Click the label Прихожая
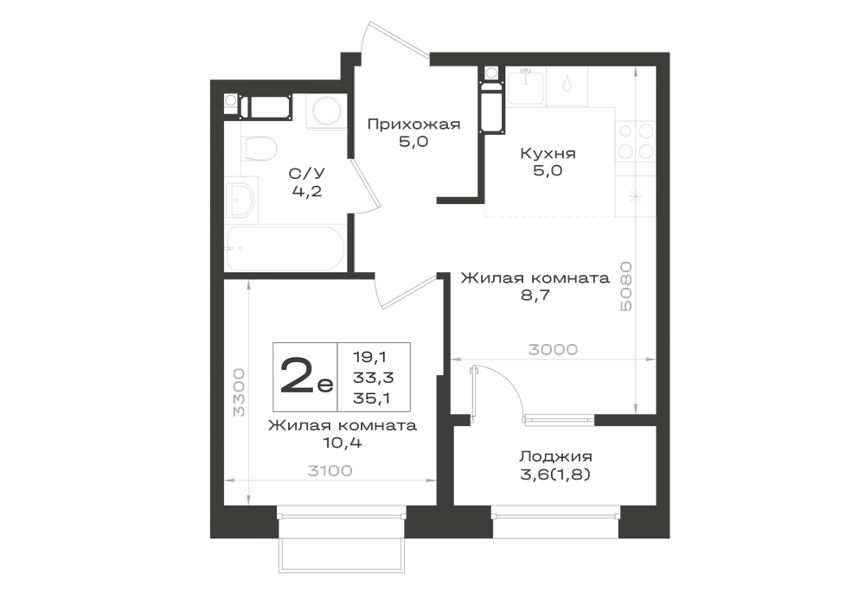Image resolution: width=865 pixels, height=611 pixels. click(x=413, y=124)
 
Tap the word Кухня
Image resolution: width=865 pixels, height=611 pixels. click(x=548, y=153)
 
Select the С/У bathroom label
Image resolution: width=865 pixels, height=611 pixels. click(x=307, y=174)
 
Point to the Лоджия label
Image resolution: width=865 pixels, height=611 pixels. click(x=555, y=456)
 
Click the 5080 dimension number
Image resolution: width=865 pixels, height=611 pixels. click(x=625, y=286)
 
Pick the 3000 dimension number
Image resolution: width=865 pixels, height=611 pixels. click(x=553, y=350)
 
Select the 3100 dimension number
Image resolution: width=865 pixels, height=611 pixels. click(x=330, y=471)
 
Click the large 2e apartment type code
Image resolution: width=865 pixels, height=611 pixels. click(x=306, y=376)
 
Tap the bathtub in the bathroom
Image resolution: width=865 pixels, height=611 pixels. click(x=285, y=249)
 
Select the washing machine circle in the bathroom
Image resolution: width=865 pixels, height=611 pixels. click(x=326, y=112)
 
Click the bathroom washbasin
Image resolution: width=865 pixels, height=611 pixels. click(x=241, y=200)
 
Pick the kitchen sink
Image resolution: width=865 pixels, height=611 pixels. click(x=526, y=86)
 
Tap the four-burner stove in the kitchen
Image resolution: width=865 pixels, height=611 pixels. click(x=636, y=142)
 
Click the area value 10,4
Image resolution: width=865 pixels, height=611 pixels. click(x=343, y=442)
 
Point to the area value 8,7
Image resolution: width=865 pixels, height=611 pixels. click(x=535, y=296)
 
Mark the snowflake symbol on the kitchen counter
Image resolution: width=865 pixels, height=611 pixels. click(x=636, y=197)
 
